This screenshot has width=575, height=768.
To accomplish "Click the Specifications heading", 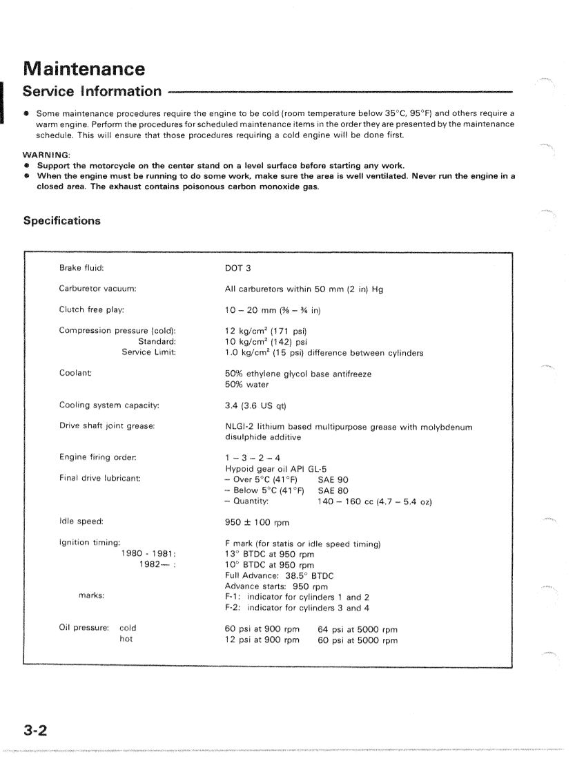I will (x=61, y=221).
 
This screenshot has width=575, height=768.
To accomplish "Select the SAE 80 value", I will (x=333, y=490).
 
